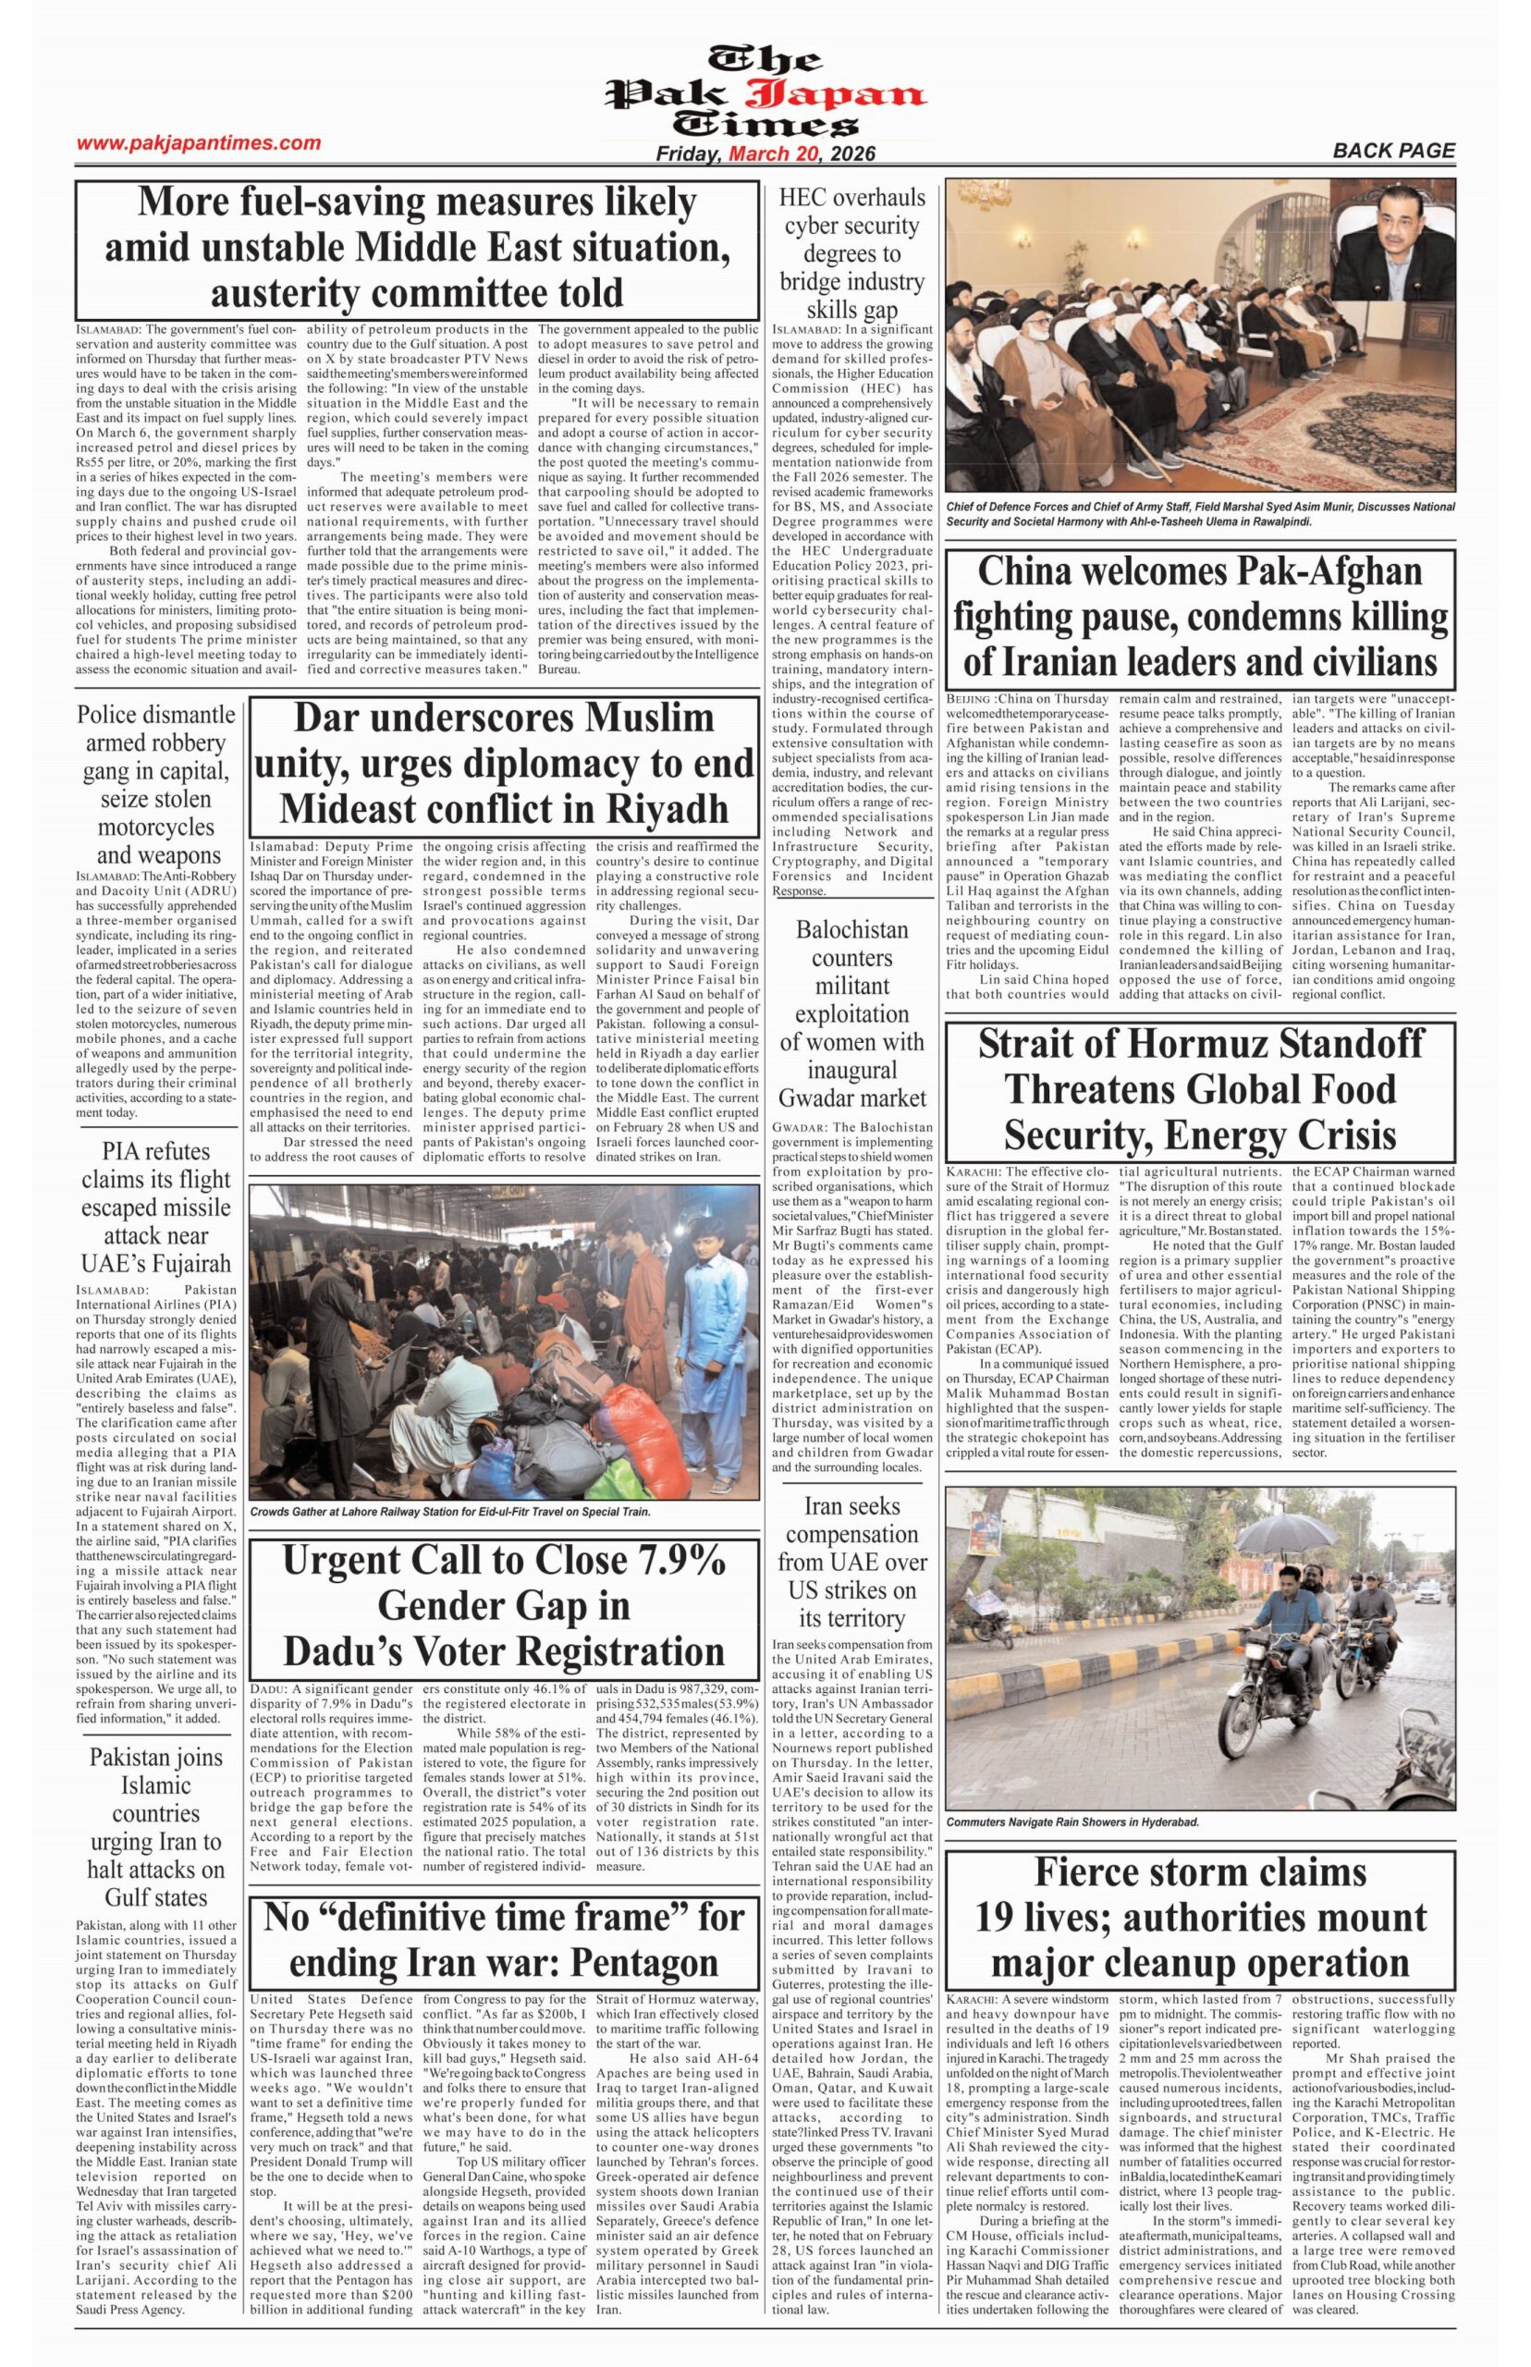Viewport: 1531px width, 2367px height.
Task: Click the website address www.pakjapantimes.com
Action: [199, 143]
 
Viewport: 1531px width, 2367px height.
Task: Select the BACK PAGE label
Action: [1394, 151]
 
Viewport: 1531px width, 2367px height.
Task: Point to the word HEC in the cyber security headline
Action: [803, 198]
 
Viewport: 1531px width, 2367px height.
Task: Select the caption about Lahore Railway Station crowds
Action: [450, 1512]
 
